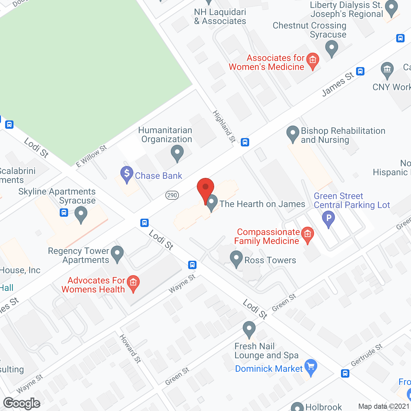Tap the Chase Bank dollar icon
point(127,174)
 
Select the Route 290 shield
point(172,195)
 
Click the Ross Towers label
point(270,260)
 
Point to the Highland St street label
point(224,126)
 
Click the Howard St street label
point(130,348)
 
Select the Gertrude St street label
point(366,355)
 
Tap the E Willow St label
point(91,156)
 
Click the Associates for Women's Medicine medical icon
point(312,60)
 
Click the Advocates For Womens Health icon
point(133,283)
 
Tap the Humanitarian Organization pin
point(177,153)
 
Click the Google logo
point(22,403)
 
